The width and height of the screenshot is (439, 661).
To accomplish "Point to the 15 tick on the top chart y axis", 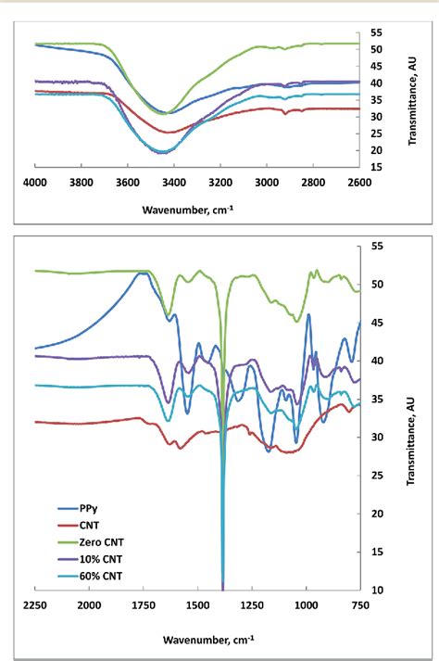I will coord(375,167).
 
